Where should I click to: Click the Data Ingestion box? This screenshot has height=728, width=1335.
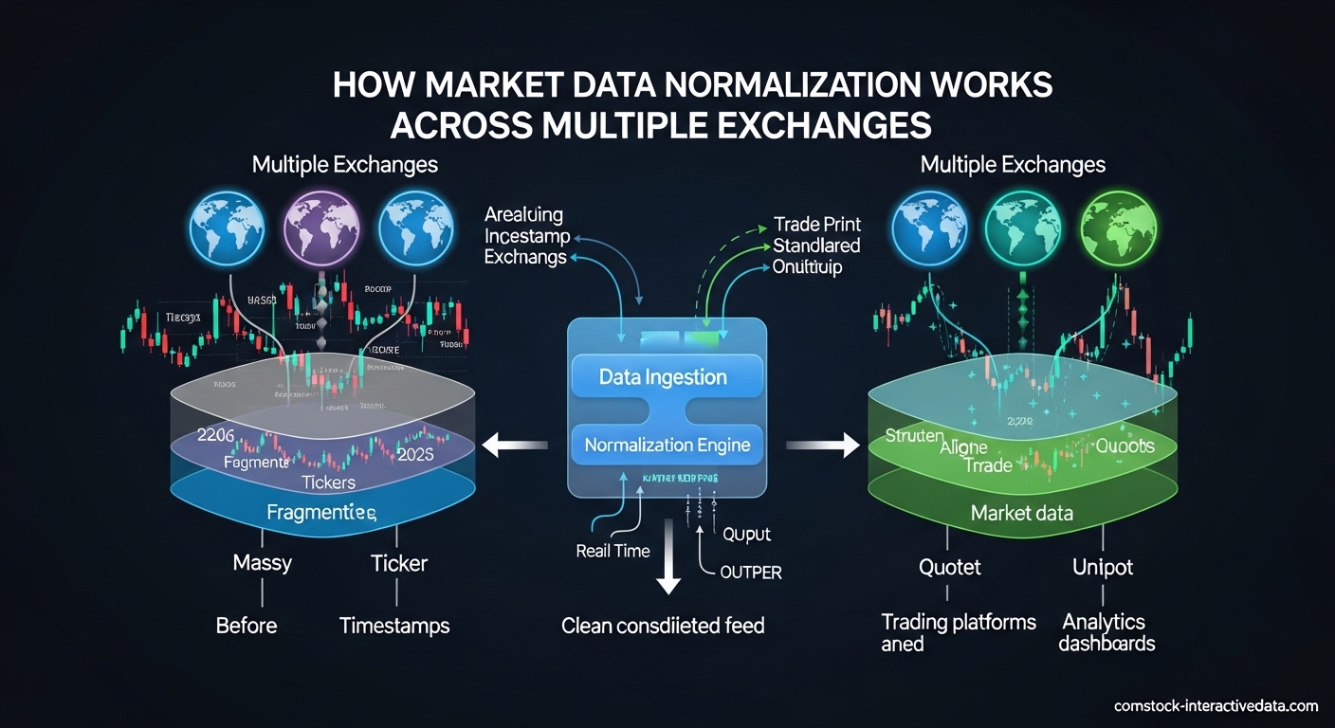pos(663,376)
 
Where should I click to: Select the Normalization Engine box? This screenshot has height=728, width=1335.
pos(667,445)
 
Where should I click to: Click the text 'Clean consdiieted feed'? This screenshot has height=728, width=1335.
pos(663,626)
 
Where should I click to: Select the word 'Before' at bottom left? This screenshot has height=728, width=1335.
pos(247,626)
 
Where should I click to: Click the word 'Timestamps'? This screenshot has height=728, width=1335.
pos(394,626)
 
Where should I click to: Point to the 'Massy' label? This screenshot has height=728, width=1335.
pos(262,563)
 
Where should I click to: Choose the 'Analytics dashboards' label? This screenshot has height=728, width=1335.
pos(1106,633)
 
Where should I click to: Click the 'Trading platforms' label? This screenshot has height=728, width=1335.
pos(959,623)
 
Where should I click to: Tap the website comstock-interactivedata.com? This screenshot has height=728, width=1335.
pos(1216,706)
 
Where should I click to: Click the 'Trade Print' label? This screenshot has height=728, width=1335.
pos(816,225)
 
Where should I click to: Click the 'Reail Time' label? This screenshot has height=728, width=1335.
pos(613,551)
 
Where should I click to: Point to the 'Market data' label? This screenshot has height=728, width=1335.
pos(1021,513)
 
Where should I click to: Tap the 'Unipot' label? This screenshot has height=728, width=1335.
pos(1102,568)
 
